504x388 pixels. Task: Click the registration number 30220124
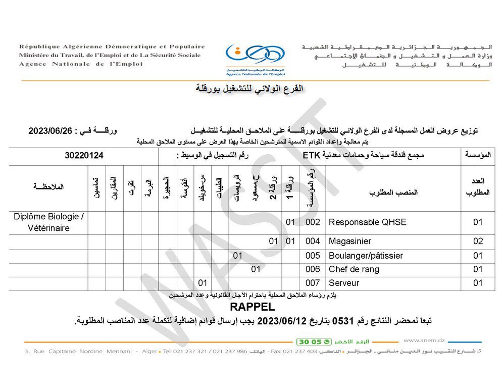(84, 156)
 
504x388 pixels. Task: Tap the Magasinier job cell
(350, 241)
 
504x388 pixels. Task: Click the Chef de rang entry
(354, 269)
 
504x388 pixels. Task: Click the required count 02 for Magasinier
(478, 241)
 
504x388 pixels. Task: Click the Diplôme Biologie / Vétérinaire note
(48, 222)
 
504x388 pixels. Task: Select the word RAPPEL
(252, 307)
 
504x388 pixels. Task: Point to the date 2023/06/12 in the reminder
(280, 321)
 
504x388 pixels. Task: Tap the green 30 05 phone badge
(314, 342)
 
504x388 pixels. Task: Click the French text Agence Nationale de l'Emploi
(81, 64)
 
